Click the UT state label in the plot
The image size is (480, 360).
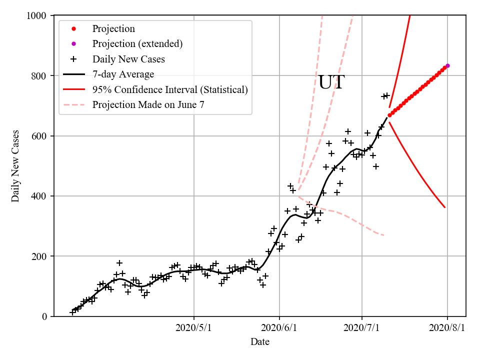tap(331, 82)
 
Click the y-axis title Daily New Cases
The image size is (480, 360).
tap(15, 166)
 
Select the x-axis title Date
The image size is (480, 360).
tap(260, 342)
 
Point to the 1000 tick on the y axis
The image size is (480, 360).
tap(36, 15)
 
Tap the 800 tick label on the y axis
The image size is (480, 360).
tap(39, 76)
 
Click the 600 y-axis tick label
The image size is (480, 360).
tap(39, 136)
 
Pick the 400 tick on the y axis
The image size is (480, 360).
tap(39, 196)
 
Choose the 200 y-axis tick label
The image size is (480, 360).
tap(39, 256)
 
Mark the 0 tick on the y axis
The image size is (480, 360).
tap(44, 316)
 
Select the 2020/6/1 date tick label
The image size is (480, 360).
tap(279, 328)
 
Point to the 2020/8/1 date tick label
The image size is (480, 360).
tap(447, 328)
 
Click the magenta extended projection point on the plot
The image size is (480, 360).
tap(447, 65)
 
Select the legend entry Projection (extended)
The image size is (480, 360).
tap(137, 44)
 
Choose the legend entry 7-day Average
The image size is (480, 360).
tap(123, 74)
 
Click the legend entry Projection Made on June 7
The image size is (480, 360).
tap(148, 105)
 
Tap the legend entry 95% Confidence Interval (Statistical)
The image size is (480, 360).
tap(170, 90)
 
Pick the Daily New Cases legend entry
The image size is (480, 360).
tap(128, 59)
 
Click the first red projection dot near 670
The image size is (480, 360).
tap(389, 115)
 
